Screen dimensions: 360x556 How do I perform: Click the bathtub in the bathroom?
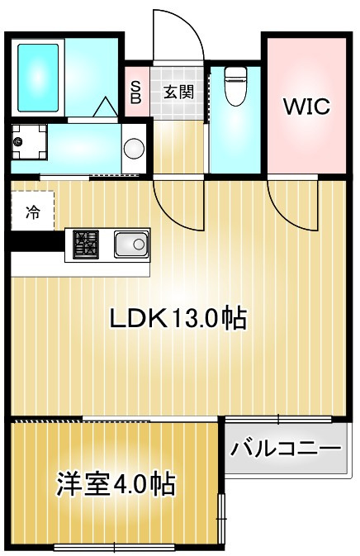(38, 78)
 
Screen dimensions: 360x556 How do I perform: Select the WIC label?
(307, 106)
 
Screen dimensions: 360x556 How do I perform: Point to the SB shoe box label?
(135, 93)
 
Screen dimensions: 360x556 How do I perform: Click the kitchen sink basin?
(131, 244)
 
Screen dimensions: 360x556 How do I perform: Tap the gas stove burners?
(86, 244)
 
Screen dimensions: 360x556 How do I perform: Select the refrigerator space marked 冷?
(32, 212)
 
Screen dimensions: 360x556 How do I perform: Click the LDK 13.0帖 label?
(178, 318)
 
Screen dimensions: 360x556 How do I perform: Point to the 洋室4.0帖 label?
(116, 483)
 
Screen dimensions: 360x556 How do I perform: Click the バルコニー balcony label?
(286, 449)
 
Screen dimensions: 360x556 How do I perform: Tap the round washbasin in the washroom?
(134, 147)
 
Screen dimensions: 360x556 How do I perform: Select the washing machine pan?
(29, 142)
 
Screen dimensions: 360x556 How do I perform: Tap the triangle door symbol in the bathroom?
(105, 107)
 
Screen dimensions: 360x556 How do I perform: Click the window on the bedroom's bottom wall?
(114, 547)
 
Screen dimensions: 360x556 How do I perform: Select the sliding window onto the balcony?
(278, 420)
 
